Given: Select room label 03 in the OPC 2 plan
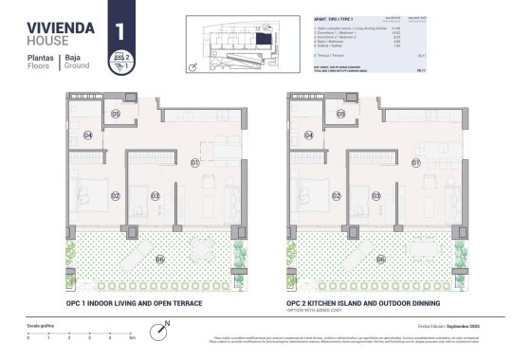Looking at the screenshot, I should point(376,196).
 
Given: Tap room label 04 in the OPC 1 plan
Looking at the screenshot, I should point(86,135).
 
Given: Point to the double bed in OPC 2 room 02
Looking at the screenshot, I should point(314,196).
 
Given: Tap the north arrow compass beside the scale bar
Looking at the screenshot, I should point(167,326).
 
